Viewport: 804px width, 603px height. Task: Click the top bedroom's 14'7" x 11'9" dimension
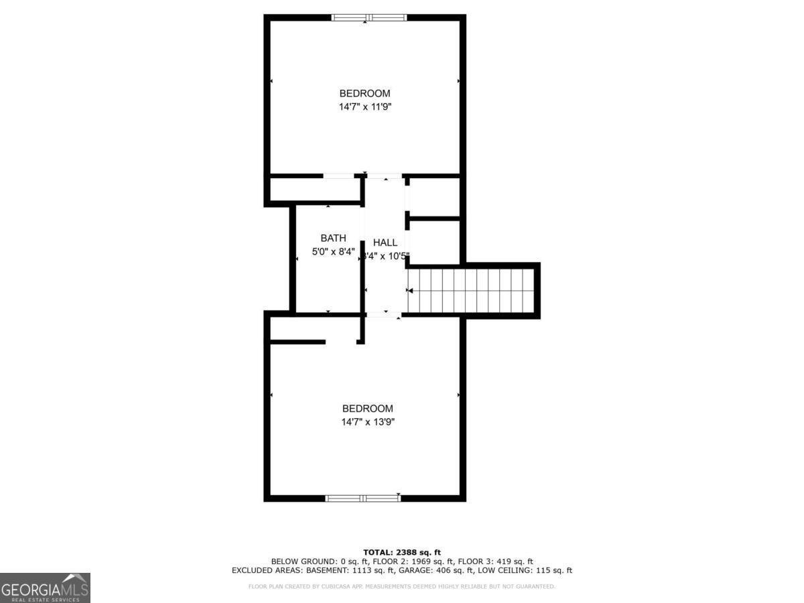coord(364,107)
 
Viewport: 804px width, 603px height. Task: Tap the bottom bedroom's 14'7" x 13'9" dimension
coord(367,422)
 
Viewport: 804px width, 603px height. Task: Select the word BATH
coord(333,238)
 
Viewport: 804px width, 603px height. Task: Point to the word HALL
coord(385,243)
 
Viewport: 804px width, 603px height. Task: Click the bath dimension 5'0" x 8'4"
coord(333,252)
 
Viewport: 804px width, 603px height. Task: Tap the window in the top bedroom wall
coord(369,17)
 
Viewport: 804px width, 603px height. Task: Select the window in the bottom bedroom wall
coord(362,498)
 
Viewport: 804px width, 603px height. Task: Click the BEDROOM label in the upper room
coord(364,93)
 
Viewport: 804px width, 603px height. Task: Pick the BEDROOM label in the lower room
coord(367,409)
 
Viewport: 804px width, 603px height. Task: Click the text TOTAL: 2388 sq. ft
coord(402,552)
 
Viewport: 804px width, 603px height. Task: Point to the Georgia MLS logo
coord(45,588)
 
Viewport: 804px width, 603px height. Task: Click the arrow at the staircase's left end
coord(410,290)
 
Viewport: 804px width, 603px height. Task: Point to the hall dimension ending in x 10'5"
coord(386,256)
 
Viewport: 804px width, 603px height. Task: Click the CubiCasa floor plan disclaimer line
coord(402,586)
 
